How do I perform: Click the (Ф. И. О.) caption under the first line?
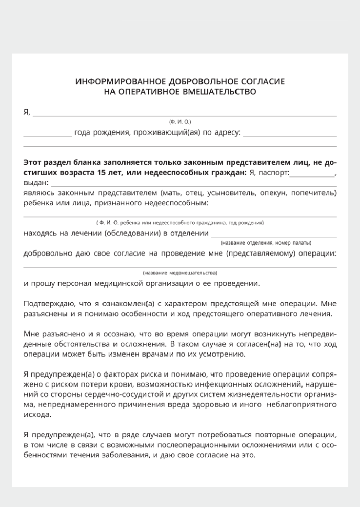pos(180,121)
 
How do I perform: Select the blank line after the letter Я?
pos(184,115)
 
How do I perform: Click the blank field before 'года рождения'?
pos(47,135)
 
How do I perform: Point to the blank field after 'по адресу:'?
pos(290,135)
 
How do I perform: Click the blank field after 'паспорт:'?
pos(312,175)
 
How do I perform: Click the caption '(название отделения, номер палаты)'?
pos(266,243)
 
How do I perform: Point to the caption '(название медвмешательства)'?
pos(180,273)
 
